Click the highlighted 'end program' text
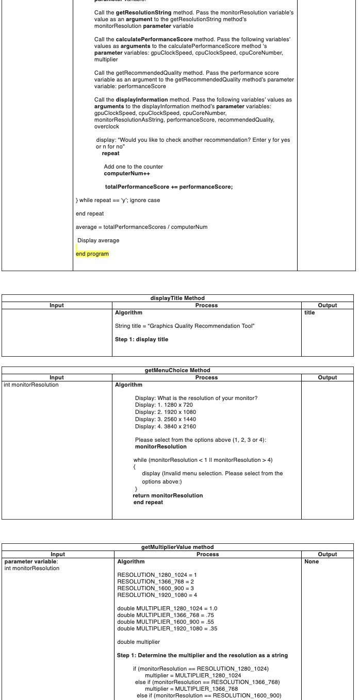(x=92, y=254)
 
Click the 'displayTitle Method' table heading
(x=177, y=298)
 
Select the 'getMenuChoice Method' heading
(x=177, y=370)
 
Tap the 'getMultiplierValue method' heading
(x=177, y=547)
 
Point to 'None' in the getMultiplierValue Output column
(x=312, y=561)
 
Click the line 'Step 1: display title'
(x=141, y=339)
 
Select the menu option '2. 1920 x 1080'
(x=165, y=412)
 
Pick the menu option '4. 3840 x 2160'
(x=165, y=426)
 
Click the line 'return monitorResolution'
(x=168, y=495)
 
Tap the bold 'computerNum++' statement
(x=127, y=173)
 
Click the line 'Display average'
(x=98, y=240)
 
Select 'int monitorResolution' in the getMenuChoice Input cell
(x=31, y=385)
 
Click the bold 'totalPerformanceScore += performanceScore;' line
(x=169, y=187)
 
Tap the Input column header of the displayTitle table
(x=57, y=305)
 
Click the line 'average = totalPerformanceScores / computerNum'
(x=141, y=227)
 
